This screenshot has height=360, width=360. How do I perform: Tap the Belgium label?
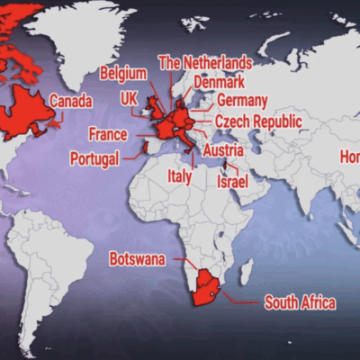(123, 72)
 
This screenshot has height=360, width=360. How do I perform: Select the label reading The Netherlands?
(204, 62)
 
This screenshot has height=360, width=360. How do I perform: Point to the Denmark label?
(219, 81)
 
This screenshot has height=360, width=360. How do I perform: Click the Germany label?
(242, 100)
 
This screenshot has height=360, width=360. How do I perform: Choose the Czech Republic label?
(258, 121)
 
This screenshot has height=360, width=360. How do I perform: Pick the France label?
(107, 134)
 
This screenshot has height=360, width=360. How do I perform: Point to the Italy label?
(180, 177)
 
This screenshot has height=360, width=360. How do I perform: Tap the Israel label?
(232, 181)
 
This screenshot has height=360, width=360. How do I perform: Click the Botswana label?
(138, 259)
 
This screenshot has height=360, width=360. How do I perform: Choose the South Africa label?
(300, 303)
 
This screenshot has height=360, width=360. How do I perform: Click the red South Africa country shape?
(209, 286)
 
